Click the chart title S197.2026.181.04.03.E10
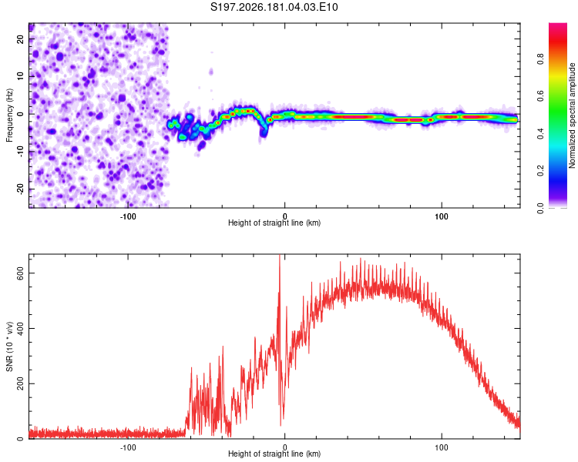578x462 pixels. pos(274,7)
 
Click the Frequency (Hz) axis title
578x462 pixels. pos(9,115)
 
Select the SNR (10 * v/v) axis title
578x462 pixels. pos(9,346)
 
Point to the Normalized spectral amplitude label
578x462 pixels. pos(572,115)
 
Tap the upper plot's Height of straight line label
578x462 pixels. pos(274,223)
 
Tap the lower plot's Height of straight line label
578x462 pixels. pos(274,454)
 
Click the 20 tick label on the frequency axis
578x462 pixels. pos(20,39)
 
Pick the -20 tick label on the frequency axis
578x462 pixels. pos(20,189)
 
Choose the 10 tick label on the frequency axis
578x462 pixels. pos(20,76)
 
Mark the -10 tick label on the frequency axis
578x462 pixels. pos(20,152)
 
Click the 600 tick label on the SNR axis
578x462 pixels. pos(20,273)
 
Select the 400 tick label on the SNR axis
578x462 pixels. pos(20,328)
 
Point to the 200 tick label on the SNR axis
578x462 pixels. pos(20,383)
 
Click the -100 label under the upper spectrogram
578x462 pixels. pos(128,216)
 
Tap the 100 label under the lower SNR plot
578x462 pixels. pos(442,447)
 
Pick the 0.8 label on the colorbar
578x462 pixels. pos(540,59)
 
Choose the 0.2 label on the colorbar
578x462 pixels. pos(540,171)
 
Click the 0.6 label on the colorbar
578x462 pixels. pos(540,96)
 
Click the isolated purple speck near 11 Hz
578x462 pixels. pos(211,71)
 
